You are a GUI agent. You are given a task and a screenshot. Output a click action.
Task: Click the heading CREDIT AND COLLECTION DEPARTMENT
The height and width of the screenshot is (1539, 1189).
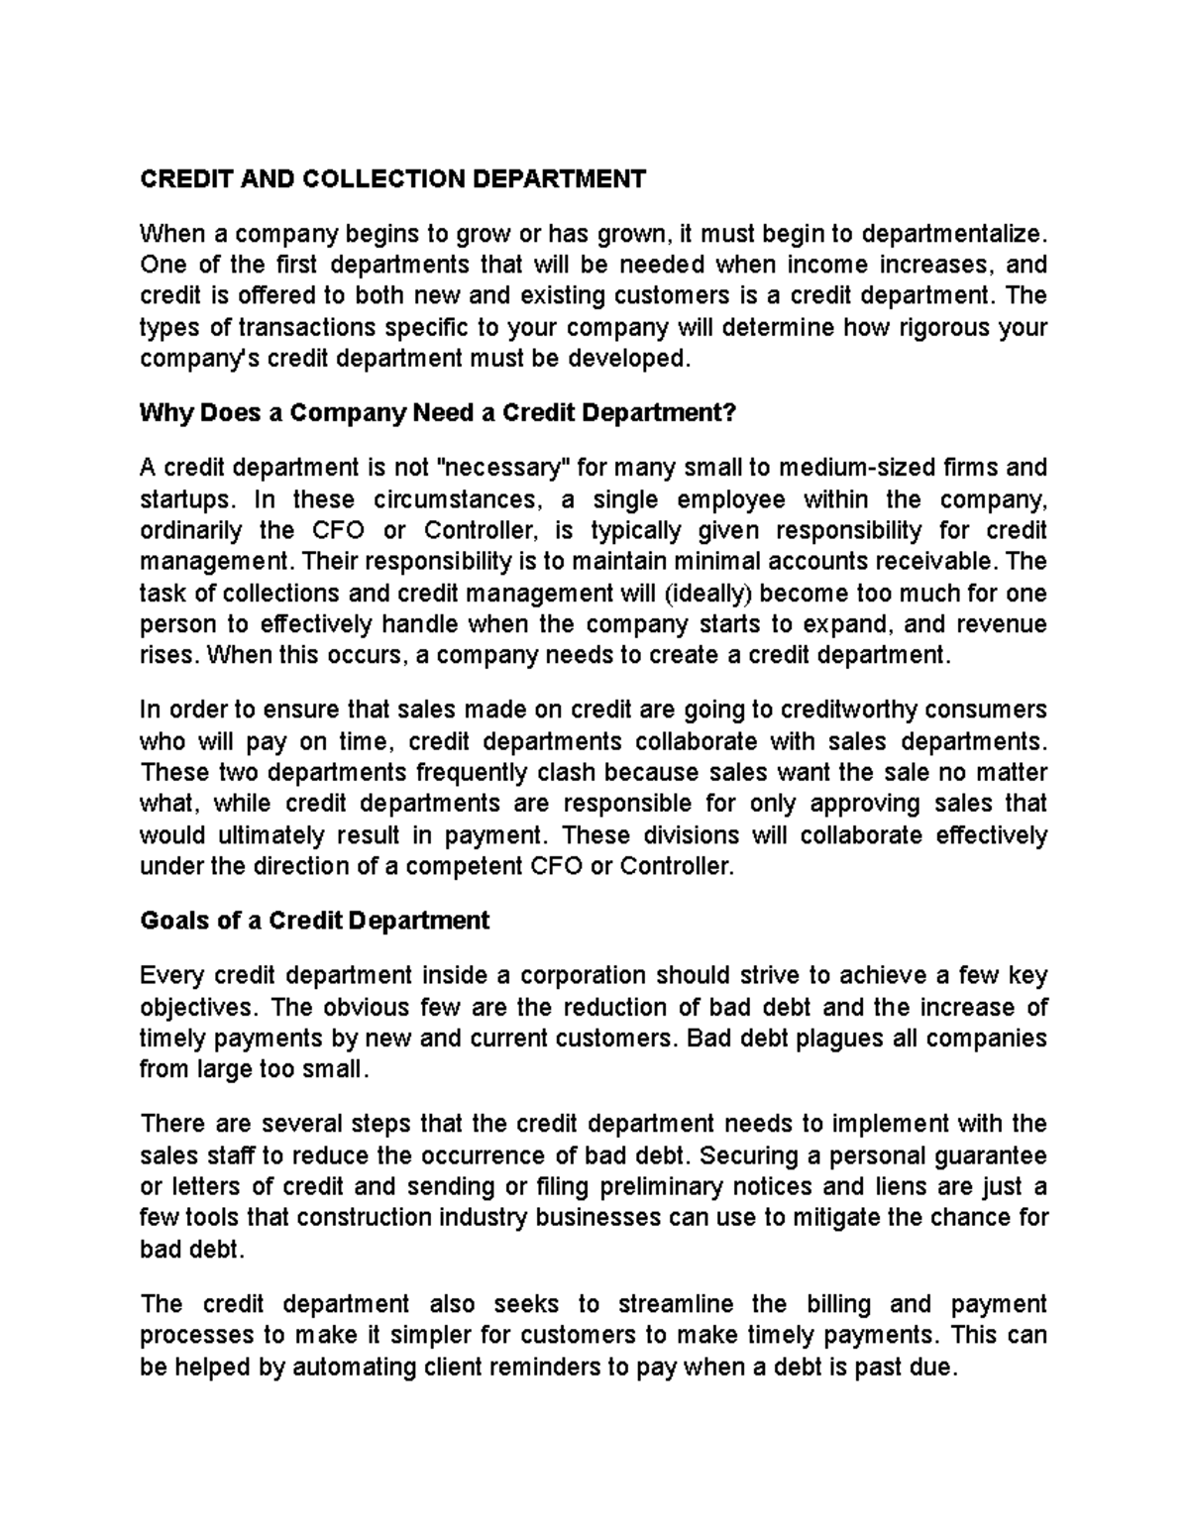[392, 178]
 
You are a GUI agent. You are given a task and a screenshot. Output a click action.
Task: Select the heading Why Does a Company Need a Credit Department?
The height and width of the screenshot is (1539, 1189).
[439, 413]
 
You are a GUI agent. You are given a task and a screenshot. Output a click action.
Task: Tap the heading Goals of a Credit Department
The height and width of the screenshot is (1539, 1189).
[315, 921]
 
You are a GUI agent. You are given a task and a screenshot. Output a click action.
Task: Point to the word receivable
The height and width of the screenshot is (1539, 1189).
[944, 562]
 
